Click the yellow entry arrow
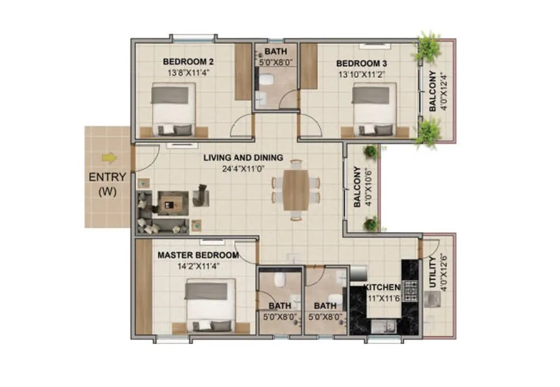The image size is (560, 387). pos(110,158)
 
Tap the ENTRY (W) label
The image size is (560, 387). pos(107,183)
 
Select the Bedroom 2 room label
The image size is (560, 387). pos(188,62)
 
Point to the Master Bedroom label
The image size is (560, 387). pos(198,256)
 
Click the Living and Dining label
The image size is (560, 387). pos(243,158)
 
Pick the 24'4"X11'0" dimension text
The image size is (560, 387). pos(243,168)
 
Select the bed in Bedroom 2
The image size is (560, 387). pos(174,109)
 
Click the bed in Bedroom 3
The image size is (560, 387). pos(374,109)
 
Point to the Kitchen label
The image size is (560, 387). pos(383,287)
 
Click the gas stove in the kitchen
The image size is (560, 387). pos(411,290)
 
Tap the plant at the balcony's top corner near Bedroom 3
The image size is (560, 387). pos(428,46)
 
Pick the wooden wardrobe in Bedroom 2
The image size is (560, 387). pos(243,71)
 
